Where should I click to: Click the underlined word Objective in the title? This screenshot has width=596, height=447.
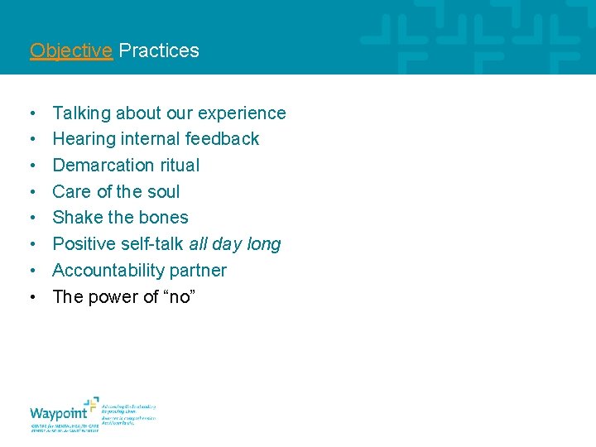[x=70, y=50]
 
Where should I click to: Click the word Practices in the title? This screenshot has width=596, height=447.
[x=159, y=50]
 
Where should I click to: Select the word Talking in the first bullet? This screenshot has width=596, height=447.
[x=81, y=113]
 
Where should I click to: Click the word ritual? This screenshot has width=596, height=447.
[x=180, y=166]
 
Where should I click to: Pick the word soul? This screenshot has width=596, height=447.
[x=163, y=192]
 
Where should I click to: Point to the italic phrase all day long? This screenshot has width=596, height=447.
[x=235, y=244]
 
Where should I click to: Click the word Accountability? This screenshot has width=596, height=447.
[x=110, y=271]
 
